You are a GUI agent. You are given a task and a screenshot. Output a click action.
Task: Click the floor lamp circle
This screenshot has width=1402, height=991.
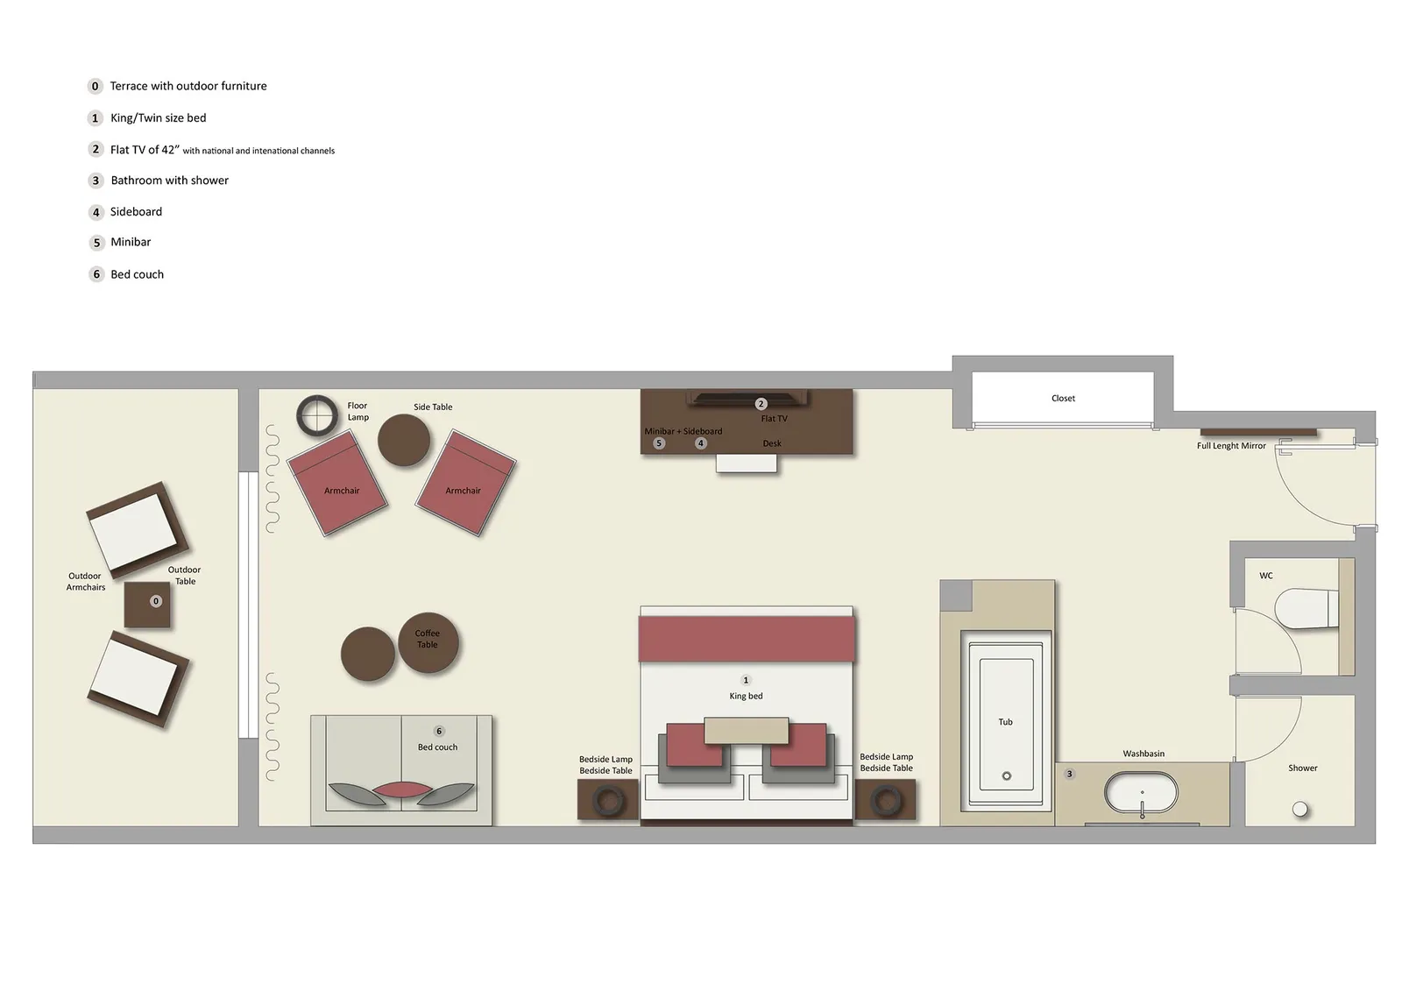click(316, 415)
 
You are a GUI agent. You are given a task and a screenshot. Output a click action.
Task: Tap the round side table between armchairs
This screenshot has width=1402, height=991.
click(404, 439)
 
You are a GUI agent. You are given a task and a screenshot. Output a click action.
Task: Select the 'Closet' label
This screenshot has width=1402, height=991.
click(1063, 399)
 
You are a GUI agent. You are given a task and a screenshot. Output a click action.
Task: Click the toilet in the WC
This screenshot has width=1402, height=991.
click(1306, 609)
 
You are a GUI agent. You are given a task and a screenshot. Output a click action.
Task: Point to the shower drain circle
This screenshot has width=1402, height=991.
click(1300, 810)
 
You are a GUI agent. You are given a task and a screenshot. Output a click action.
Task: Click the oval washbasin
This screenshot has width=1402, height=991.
click(1142, 793)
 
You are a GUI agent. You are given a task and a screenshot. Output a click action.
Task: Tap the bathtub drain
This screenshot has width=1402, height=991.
click(1006, 776)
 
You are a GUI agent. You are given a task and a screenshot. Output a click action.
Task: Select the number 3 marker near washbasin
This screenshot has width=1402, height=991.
click(1069, 775)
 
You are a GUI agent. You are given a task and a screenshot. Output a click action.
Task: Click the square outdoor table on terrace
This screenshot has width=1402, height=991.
click(147, 605)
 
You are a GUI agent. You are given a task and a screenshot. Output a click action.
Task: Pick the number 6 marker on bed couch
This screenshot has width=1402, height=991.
click(439, 732)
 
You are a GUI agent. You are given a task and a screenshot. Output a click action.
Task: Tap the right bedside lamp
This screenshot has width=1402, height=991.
click(886, 800)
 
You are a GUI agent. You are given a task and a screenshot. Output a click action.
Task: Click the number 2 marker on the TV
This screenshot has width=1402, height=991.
click(761, 404)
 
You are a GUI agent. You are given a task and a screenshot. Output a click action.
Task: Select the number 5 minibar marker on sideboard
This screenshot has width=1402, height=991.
click(659, 443)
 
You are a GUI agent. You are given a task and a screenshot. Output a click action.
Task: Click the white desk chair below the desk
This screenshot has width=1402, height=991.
click(746, 464)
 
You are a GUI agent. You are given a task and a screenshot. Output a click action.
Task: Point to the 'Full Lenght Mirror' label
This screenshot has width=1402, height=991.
click(1231, 446)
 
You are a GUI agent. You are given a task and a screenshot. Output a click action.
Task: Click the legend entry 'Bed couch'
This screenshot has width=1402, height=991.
click(137, 274)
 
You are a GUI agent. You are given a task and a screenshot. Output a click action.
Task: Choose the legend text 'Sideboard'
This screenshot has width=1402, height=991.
click(136, 212)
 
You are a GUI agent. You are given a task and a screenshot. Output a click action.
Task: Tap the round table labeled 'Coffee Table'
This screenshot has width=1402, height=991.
click(428, 642)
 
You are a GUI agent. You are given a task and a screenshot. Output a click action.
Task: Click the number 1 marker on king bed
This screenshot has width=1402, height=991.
click(746, 681)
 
